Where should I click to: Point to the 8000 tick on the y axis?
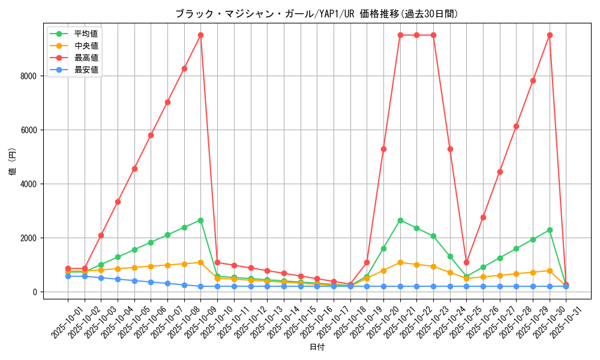click(x=28, y=76)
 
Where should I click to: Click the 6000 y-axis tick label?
click(x=28, y=130)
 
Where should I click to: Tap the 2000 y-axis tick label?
click(x=28, y=238)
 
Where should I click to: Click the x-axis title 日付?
click(x=317, y=347)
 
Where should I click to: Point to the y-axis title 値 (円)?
click(x=12, y=162)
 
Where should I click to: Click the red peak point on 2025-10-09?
click(x=200, y=35)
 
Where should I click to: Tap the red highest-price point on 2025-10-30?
click(x=550, y=35)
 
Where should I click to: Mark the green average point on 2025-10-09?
click(x=200, y=220)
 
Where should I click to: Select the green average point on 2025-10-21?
click(x=400, y=220)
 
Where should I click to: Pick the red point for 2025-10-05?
click(x=134, y=169)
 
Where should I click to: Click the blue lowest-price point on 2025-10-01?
click(x=68, y=276)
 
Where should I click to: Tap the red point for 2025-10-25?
click(x=466, y=262)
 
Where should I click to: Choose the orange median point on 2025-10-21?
click(x=400, y=262)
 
